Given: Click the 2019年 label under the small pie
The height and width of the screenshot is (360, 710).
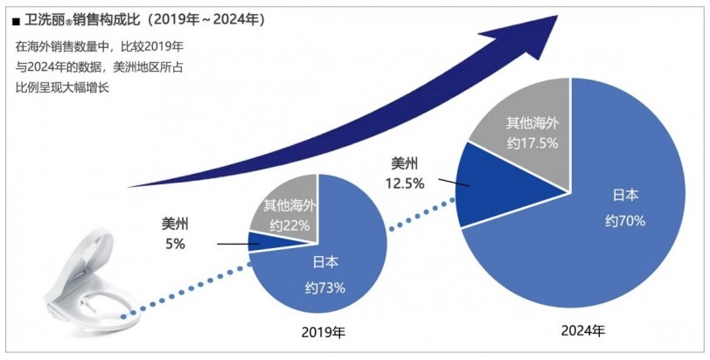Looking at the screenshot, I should coord(323,333).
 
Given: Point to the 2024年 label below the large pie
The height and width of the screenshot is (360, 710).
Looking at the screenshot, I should coord(582,332).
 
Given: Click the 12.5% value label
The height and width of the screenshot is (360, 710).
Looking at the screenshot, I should coord(404,183).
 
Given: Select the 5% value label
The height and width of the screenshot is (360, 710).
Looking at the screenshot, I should coord(175,245).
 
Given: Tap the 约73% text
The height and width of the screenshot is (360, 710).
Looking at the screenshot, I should coord(325,287).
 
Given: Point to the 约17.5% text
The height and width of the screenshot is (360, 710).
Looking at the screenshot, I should coord(534,142).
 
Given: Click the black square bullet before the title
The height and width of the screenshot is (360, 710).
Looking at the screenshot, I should coord(17,19).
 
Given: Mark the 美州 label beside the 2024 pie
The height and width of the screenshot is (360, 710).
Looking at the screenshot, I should coord(404,163).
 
